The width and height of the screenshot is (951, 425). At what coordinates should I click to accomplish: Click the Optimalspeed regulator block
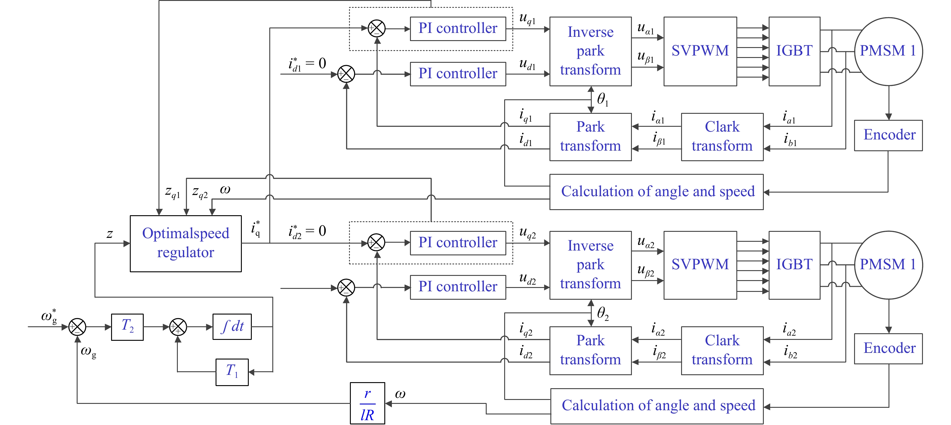186,243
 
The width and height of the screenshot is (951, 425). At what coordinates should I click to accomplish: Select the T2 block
127,327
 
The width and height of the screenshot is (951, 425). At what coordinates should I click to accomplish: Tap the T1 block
232,372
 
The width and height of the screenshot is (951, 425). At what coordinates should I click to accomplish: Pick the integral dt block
232,326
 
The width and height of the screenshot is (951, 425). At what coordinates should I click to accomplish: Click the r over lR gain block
367,403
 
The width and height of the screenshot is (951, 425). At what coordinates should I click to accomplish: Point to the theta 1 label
603,99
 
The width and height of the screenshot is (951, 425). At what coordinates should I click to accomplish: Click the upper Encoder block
888,135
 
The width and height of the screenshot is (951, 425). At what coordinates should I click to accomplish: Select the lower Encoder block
888,349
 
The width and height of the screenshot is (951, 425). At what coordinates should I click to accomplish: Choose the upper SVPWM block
700,51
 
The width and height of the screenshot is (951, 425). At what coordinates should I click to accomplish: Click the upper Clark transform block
722,137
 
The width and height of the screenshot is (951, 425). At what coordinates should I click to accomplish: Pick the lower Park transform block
590,350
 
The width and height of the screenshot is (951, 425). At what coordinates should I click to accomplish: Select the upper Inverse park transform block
590,51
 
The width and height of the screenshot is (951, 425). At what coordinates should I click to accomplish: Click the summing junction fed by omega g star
77,327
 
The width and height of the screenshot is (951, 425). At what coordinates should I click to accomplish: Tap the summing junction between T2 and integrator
178,327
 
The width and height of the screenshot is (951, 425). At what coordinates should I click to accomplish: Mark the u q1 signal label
527,18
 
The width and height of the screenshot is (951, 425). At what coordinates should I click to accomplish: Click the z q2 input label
200,192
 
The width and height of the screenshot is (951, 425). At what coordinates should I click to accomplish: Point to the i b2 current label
790,352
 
